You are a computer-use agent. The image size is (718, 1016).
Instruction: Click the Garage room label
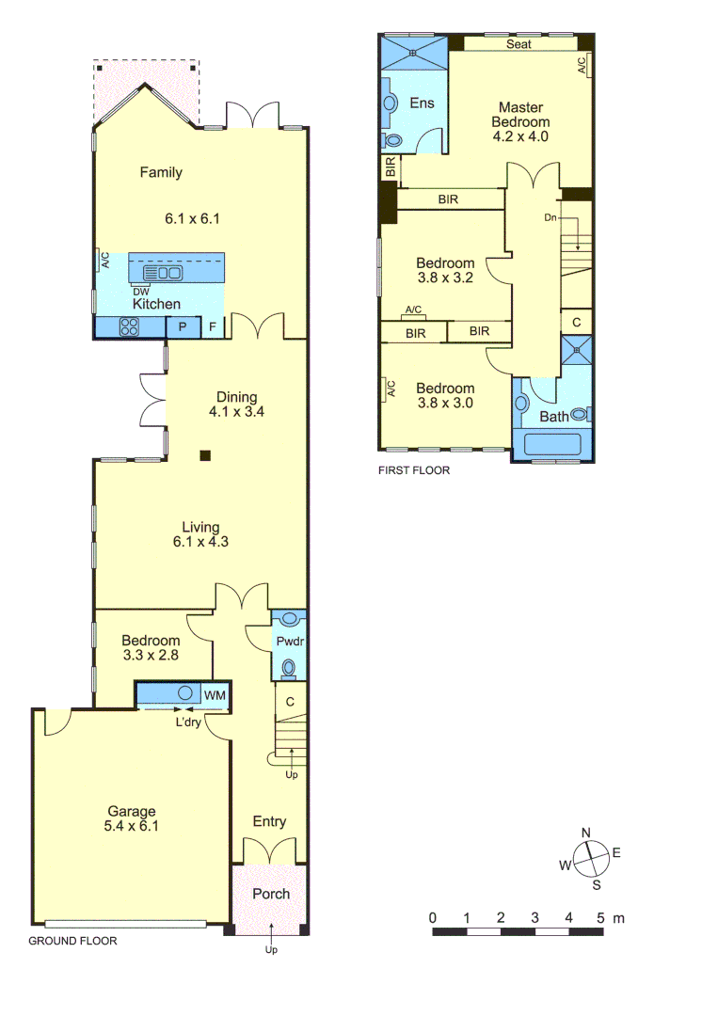(x=131, y=812)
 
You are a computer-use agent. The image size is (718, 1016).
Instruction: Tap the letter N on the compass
(x=585, y=833)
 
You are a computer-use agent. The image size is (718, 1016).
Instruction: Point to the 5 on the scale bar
(x=600, y=917)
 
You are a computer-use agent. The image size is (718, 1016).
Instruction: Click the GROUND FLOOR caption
(x=72, y=941)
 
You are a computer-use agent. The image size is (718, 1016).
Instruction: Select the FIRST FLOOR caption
(x=413, y=470)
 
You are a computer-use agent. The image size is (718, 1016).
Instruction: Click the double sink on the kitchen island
(x=163, y=273)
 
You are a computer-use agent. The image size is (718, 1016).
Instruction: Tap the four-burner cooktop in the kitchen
(x=129, y=327)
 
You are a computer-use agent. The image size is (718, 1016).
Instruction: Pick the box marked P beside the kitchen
(x=183, y=327)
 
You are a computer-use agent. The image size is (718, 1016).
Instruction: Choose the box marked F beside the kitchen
(x=213, y=327)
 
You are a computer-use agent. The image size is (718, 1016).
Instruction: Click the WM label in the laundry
(x=215, y=695)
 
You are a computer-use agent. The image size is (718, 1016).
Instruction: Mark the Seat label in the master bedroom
(x=519, y=44)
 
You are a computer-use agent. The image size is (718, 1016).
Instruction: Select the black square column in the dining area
(x=205, y=456)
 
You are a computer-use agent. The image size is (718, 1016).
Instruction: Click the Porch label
(x=271, y=894)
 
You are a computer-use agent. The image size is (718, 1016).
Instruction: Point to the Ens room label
(x=422, y=103)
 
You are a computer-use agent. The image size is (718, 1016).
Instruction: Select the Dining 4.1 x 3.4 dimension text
(x=236, y=411)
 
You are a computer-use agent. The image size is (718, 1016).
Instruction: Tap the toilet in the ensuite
(x=392, y=141)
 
